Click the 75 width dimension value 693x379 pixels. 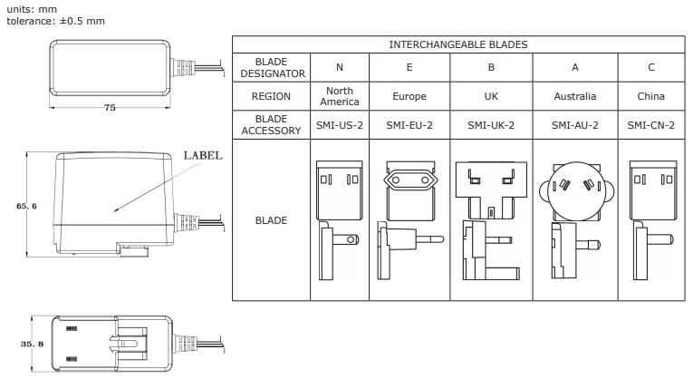(x=110, y=107)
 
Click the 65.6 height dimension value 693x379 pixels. (x=26, y=206)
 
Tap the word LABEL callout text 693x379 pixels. (x=203, y=155)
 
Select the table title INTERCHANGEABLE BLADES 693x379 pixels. (x=458, y=44)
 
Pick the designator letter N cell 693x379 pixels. (x=340, y=66)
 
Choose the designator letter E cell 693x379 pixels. (x=410, y=66)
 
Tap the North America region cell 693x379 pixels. (x=340, y=96)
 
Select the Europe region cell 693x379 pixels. (x=410, y=96)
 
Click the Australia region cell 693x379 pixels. (x=575, y=96)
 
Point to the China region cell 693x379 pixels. (x=650, y=96)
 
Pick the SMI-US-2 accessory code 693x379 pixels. (x=340, y=125)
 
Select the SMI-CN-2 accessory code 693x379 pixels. (x=650, y=125)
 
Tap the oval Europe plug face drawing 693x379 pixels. (x=410, y=181)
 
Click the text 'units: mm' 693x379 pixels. (x=31, y=8)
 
